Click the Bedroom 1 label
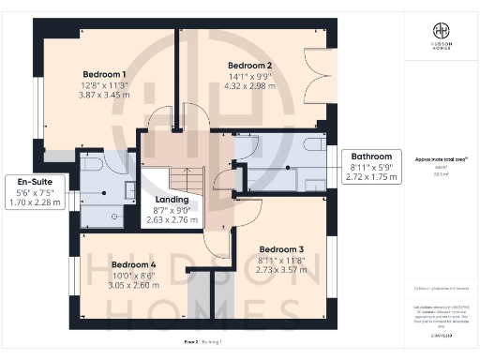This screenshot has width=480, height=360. coord(104,73)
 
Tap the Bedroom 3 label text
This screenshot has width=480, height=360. coord(281,248)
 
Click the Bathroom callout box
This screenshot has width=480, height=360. coord(372,165)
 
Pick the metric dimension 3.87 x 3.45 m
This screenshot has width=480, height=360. coord(105,96)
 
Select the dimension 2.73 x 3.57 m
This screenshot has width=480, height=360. coord(281,271)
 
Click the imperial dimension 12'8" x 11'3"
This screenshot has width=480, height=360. coord(105,84)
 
